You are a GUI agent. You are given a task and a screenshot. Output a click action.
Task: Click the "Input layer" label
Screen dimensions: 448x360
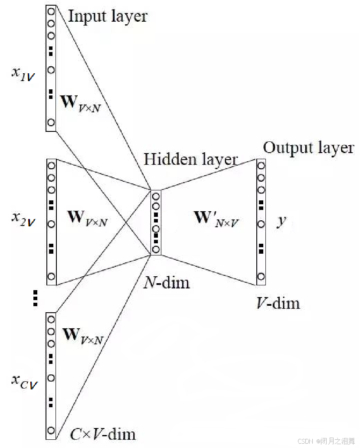108,16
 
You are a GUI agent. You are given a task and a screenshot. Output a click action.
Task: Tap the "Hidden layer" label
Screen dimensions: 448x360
191,159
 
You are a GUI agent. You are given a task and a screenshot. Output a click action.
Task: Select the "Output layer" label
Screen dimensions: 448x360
308,148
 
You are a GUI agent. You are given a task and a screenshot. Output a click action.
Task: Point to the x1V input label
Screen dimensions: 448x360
23,74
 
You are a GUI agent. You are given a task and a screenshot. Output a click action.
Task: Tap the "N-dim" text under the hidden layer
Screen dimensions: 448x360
167,283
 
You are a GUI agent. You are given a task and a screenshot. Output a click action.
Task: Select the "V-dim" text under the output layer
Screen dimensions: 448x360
278,302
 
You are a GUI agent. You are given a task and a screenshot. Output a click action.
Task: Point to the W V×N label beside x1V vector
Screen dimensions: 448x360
81,104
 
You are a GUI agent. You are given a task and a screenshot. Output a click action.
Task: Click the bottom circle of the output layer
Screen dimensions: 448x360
261,276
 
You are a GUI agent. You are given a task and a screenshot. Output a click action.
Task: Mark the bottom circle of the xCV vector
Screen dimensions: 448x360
51,430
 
